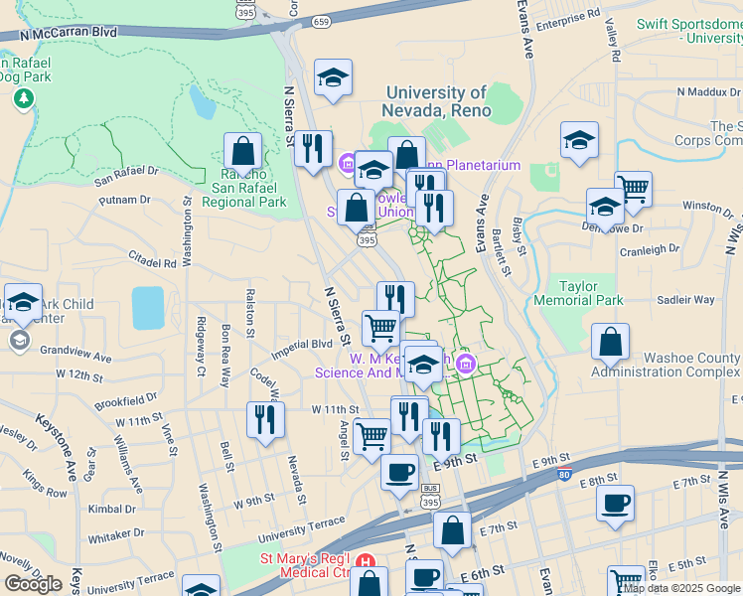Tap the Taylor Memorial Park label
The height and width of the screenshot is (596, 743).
(x=577, y=292)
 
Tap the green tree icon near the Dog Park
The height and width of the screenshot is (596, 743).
(x=23, y=99)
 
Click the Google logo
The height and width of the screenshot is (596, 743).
(x=33, y=583)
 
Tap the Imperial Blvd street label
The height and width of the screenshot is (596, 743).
(x=307, y=344)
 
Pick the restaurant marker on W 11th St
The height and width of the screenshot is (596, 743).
(x=263, y=418)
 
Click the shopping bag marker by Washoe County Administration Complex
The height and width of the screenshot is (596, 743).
(x=610, y=343)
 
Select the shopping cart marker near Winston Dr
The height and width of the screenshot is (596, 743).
(x=633, y=188)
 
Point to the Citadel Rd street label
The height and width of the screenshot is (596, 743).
(x=151, y=263)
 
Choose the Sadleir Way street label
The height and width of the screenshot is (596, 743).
(x=685, y=299)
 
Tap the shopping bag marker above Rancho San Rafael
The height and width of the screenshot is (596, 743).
(x=241, y=152)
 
